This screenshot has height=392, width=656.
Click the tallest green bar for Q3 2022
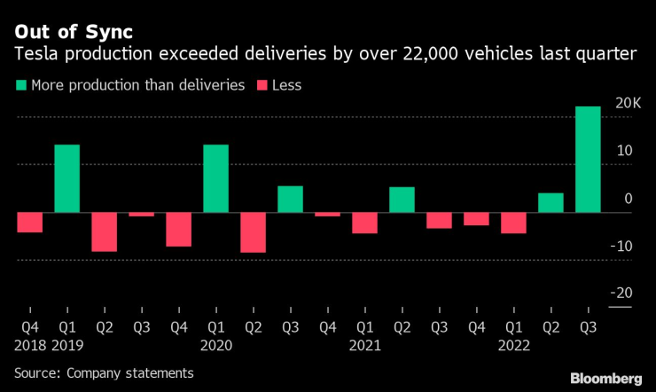(588, 160)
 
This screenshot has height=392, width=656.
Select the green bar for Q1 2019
(67, 178)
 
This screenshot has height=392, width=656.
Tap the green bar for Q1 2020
(215, 178)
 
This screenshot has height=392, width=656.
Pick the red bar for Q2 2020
(253, 232)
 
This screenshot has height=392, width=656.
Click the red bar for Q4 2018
(30, 223)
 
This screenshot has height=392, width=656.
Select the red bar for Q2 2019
(105, 231)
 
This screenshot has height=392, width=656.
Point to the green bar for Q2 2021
(402, 200)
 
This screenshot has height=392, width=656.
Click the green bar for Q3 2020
(290, 200)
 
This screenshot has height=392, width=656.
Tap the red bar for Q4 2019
(178, 230)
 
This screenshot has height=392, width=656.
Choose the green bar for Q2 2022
(551, 203)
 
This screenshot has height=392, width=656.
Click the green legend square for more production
(20, 86)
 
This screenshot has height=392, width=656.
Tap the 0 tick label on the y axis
(628, 199)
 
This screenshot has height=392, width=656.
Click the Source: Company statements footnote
(104, 372)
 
